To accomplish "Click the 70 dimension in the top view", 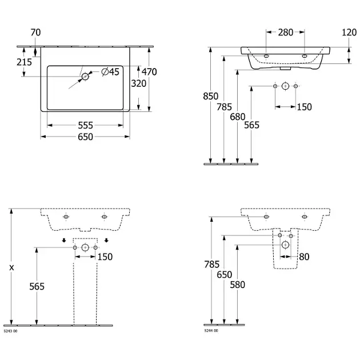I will tap(35, 33).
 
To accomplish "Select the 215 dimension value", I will tap(24, 62).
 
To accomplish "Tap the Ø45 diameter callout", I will tap(110, 71).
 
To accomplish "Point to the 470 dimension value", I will tap(149, 72).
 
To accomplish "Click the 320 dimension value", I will tap(138, 83).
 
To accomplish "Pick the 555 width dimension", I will tap(85, 125).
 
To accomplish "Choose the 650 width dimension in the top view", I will tap(85, 137).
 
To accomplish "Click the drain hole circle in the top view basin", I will tap(85, 76).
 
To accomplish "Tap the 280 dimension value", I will tap(286, 33).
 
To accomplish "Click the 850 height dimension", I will tap(211, 97).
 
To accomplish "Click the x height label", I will tap(11, 267).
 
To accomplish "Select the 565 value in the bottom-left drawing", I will tap(35, 286).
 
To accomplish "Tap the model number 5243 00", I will tap(11, 331).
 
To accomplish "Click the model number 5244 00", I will tap(211, 331).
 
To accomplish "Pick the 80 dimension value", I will tap(303, 257).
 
